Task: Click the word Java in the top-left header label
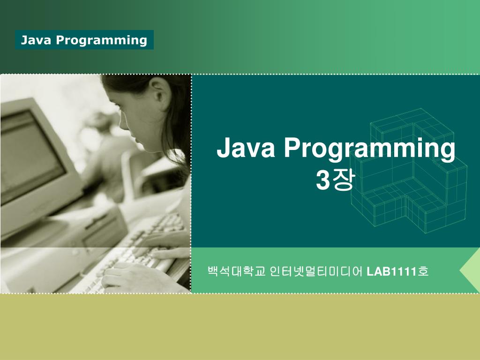click(x=36, y=40)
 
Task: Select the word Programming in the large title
click(x=369, y=150)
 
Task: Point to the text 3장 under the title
click(x=336, y=181)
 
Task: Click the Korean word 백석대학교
click(x=237, y=271)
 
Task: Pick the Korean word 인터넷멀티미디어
click(x=316, y=271)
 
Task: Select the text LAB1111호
click(x=397, y=271)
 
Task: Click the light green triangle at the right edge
click(x=471, y=271)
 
